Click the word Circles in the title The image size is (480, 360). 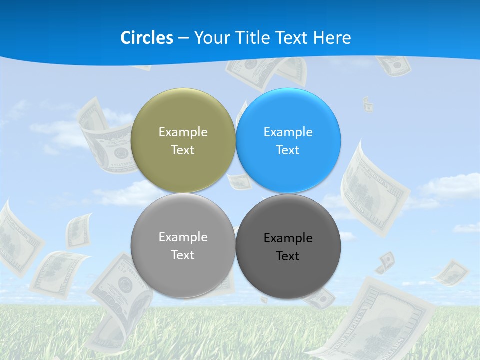(x=146, y=38)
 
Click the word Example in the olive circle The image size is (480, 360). (x=183, y=132)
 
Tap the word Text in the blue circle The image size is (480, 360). (x=288, y=150)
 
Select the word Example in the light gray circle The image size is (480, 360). (x=183, y=237)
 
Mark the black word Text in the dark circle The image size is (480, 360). (x=288, y=256)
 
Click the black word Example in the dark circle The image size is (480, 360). (x=288, y=238)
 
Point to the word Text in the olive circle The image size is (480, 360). (x=183, y=150)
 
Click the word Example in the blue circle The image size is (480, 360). (x=288, y=132)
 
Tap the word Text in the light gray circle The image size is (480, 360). (x=183, y=255)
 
